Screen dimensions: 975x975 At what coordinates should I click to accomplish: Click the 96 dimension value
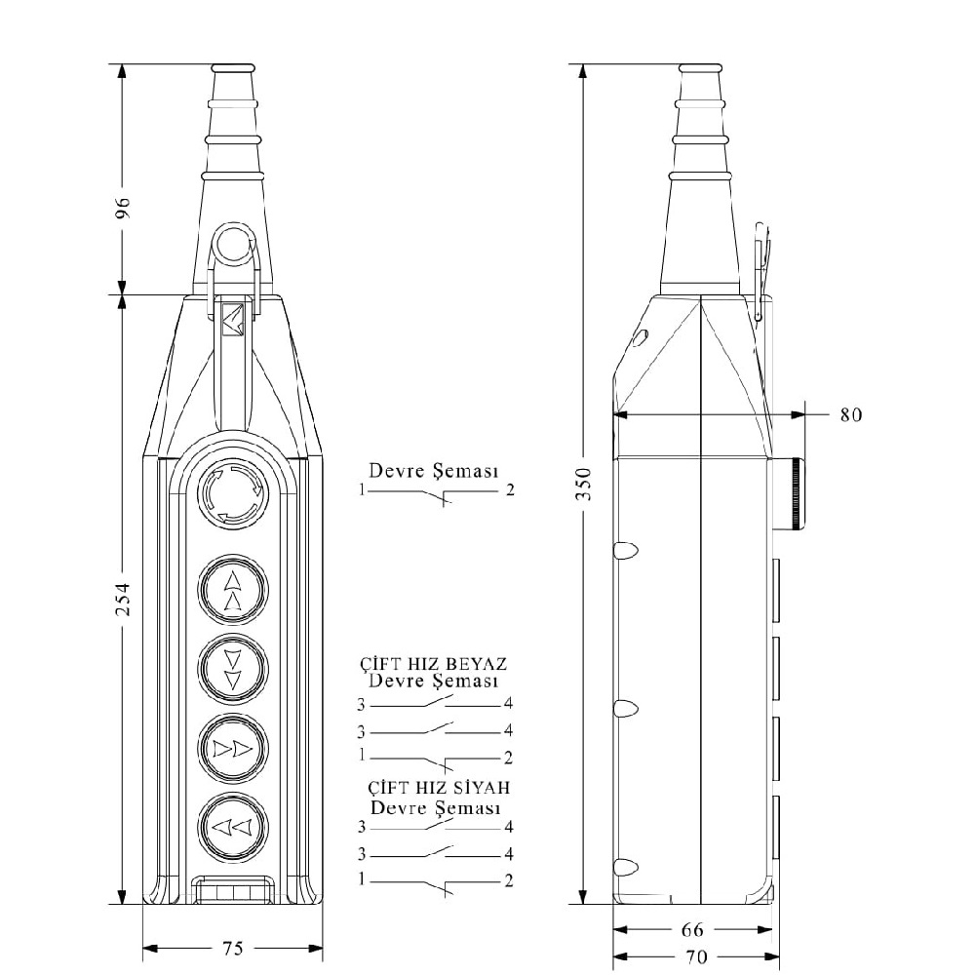124,207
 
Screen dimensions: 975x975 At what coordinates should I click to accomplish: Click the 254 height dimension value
124,600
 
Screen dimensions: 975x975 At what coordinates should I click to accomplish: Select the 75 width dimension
233,949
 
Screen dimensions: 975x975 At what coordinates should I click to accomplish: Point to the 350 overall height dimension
584,485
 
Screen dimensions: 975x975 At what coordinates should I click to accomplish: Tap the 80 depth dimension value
851,414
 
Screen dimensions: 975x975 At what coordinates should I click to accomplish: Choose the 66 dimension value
692,929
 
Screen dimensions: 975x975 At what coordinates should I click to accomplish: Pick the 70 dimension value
696,957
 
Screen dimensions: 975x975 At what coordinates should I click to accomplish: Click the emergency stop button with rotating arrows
233,493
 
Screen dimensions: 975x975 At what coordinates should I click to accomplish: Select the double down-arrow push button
233,669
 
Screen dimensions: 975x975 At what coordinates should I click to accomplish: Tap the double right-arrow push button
233,749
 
